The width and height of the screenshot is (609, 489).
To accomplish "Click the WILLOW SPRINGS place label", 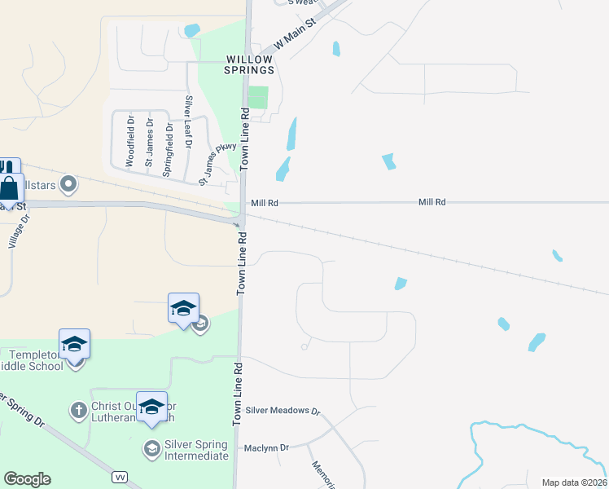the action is point(249,65).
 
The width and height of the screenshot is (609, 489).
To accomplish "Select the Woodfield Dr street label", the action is point(130,141).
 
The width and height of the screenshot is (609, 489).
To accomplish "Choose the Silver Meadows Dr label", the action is point(283,412).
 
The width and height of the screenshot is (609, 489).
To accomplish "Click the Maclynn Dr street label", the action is point(267,447).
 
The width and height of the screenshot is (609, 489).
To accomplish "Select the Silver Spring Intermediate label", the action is point(196,450).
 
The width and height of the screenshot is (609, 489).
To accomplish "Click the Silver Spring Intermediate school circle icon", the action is point(151,448).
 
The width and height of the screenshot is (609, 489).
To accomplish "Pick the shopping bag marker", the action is point(9,188).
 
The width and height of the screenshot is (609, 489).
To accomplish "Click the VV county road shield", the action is point(119,475).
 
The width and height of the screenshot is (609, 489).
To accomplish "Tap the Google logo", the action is point(27,479).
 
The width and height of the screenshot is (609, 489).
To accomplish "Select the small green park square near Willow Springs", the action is point(258,98).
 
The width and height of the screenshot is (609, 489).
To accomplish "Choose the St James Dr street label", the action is point(150,143).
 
